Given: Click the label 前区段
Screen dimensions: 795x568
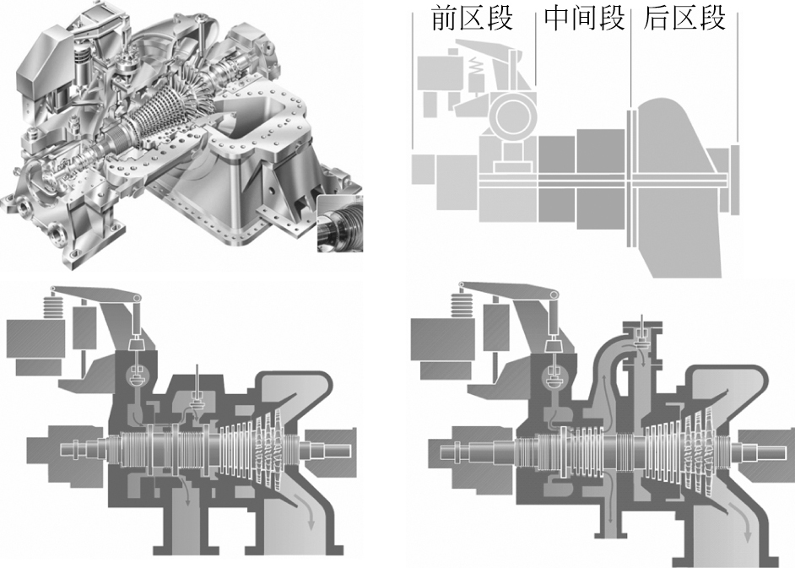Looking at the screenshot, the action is pos(472,19).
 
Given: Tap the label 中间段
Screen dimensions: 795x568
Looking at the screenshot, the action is pos(583,19).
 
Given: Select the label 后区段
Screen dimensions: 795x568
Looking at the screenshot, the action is pos(684,19).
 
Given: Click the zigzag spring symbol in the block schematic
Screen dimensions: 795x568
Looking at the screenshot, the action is pos(476,67).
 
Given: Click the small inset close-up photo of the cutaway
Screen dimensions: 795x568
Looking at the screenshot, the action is pos(340,224).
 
